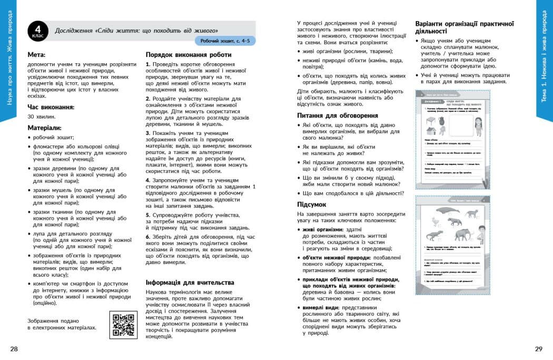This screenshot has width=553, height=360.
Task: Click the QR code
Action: tap(123, 325)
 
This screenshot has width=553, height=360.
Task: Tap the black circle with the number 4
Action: tap(38, 30)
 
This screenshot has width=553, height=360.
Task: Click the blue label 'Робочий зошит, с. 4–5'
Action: tap(225, 41)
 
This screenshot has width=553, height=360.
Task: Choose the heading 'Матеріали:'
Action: tap(45, 128)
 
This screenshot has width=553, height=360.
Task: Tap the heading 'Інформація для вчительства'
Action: tap(190, 282)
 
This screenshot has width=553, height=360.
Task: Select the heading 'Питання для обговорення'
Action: tap(337, 115)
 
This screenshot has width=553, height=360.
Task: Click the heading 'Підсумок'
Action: tap(312, 204)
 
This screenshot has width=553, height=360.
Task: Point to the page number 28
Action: tap(14, 348)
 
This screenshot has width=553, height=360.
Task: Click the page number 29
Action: tap(538, 348)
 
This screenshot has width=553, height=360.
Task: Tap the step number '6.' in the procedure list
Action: tap(149, 237)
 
